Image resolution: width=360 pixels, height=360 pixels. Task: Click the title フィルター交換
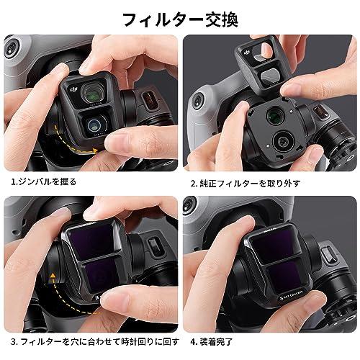click(x=179, y=17)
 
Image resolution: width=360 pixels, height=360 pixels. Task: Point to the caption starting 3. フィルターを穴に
click(x=91, y=338)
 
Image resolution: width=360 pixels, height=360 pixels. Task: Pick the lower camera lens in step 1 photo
click(x=94, y=123)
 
